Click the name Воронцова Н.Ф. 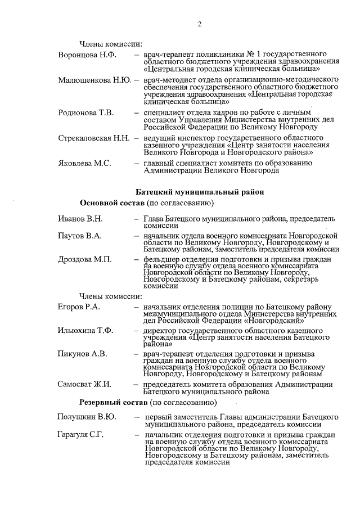pyautogui.click(x=86, y=55)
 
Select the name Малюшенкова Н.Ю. pyautogui.click(x=94, y=80)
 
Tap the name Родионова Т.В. pyautogui.click(x=86, y=113)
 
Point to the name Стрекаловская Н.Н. pyautogui.click(x=94, y=138)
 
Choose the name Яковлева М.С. pyautogui.click(x=85, y=163)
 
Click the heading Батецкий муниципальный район pyautogui.click(x=200, y=192)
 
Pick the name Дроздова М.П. pyautogui.click(x=85, y=259)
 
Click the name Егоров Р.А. pyautogui.click(x=79, y=307)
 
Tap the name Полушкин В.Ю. pyautogui.click(x=87, y=417)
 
